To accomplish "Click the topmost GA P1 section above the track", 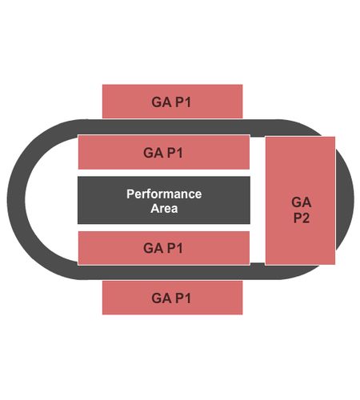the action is (172, 102).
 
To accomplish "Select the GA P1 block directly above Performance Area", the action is (164, 152).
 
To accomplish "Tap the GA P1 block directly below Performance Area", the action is (164, 248).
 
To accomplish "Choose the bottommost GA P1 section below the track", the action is (172, 298).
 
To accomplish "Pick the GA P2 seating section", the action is (300, 201).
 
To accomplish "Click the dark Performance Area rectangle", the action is (164, 200).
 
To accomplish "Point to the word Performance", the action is (164, 194).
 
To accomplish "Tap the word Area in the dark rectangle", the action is (164, 209).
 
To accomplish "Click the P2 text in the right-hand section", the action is (302, 218).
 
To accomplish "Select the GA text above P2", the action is (302, 202).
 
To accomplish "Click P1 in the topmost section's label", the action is (183, 102).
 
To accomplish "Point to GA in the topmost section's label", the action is (162, 102).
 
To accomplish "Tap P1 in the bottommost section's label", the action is (183, 298).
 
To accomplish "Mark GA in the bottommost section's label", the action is (162, 298).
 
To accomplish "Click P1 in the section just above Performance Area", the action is (175, 153).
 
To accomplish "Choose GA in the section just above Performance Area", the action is (153, 153).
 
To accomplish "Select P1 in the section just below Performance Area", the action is (175, 248).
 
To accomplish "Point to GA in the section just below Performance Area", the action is (153, 248).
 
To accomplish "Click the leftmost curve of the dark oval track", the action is (16, 199).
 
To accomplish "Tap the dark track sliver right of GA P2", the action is (345, 200).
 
